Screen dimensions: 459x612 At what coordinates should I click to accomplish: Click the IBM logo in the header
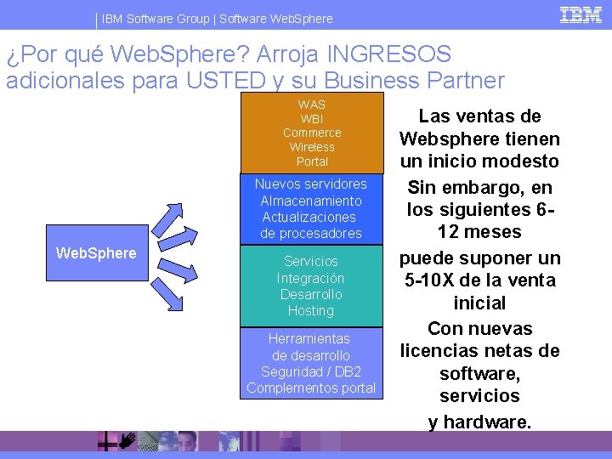point(581,15)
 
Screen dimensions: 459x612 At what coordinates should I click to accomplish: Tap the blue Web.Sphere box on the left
point(95,253)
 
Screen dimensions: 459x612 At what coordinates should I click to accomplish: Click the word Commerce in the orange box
point(312,133)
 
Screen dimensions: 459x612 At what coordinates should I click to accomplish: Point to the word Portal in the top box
point(312,161)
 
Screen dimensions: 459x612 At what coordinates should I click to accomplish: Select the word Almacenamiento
point(311,201)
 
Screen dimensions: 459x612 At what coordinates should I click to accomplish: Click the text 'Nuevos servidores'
point(311,184)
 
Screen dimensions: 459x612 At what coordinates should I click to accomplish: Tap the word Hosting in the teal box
point(311,310)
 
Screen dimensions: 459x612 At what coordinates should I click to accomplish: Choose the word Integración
point(311,278)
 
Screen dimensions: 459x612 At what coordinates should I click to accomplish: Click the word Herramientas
point(311,338)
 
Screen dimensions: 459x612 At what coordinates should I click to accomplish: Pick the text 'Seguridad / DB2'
point(311,371)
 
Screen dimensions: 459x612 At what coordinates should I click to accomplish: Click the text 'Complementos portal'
point(311,388)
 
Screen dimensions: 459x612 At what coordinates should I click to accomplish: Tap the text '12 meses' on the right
point(480,232)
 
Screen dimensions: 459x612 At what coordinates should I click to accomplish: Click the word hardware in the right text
point(488,421)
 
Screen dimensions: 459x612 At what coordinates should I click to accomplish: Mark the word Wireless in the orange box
point(312,147)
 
